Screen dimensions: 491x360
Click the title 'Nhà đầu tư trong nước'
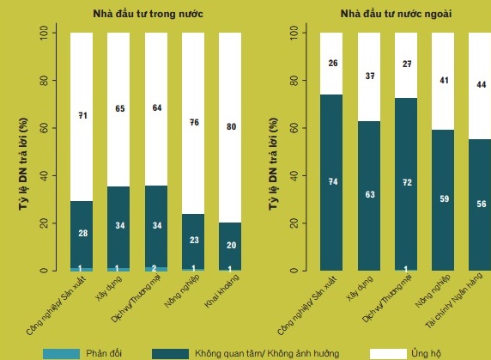[x=148, y=14]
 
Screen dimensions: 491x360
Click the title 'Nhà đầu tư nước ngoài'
[x=396, y=14]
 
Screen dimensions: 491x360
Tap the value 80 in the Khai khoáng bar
[x=231, y=126]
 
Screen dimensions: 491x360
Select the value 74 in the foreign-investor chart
[x=333, y=182]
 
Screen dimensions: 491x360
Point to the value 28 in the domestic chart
[x=83, y=233]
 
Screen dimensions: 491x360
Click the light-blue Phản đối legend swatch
[x=61, y=354]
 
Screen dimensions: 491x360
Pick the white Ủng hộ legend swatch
[x=388, y=354]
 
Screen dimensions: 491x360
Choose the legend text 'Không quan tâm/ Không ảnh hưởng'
[x=267, y=354]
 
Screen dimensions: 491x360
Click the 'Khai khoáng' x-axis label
[x=222, y=290]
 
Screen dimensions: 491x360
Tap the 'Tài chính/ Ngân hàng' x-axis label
[x=454, y=301]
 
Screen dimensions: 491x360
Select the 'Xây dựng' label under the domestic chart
[x=109, y=289]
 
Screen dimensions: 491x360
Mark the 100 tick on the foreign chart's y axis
[x=294, y=33]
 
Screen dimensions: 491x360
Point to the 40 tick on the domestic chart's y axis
[x=44, y=176]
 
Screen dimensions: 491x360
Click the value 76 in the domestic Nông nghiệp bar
[x=194, y=122]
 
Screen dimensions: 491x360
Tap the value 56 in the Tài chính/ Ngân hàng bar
[x=482, y=204]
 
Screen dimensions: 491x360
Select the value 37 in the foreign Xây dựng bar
[x=370, y=76]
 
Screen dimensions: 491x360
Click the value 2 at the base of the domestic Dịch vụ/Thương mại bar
[x=154, y=269]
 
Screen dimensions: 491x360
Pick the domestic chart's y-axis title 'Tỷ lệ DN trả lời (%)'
[x=23, y=164]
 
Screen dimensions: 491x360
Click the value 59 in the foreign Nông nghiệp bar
[x=444, y=198]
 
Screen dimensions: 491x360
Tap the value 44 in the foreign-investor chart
[x=482, y=84]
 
